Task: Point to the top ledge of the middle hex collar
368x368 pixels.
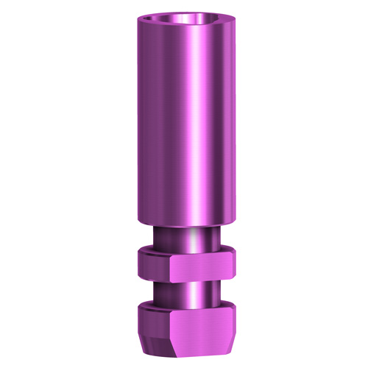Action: pyautogui.click(x=184, y=252)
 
